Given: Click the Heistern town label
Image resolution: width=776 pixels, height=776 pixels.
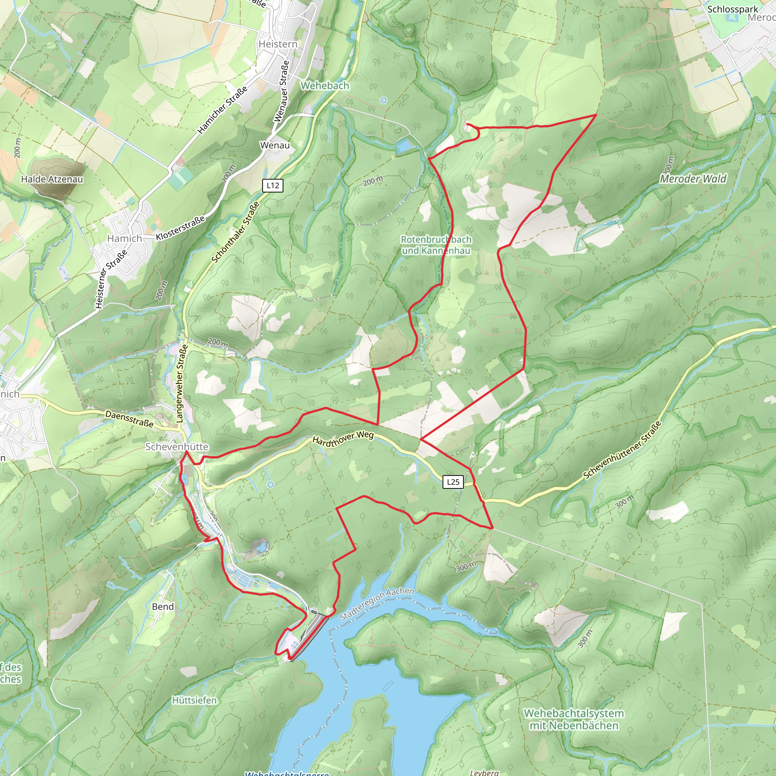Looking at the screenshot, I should click(278, 44).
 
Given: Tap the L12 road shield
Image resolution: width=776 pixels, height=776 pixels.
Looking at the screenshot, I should click(273, 186).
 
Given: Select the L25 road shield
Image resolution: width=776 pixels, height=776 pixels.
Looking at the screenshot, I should click(453, 482).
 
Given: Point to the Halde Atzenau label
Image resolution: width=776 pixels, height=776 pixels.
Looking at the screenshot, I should click(52, 179).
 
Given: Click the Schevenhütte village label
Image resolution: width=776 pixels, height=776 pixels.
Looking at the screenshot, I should click(177, 447).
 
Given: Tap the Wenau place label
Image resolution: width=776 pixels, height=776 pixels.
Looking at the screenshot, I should click(275, 145).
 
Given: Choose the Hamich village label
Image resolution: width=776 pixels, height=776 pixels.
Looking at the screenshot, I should click(125, 238).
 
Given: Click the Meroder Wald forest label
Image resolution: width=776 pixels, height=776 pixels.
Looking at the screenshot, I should click(693, 179).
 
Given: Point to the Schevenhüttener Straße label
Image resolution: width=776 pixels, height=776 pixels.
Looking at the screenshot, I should click(623, 450).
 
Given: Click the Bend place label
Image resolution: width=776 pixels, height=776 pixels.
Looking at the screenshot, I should click(163, 607).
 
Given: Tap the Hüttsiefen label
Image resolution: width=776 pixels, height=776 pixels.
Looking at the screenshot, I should click(194, 700).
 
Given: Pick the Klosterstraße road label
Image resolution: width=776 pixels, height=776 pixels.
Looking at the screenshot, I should click(180, 228).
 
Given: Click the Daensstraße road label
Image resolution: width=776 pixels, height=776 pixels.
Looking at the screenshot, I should click(129, 418).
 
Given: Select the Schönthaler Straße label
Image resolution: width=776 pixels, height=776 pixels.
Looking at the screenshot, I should click(235, 233).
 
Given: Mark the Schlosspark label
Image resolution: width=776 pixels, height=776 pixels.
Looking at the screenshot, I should click(733, 9).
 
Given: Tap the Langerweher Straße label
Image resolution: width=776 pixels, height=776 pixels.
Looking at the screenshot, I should click(181, 383).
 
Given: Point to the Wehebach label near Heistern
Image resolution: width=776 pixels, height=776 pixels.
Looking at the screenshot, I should click(325, 86).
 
